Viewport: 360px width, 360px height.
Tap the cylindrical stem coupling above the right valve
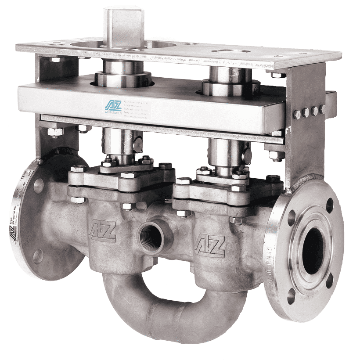(x=228, y=152)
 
